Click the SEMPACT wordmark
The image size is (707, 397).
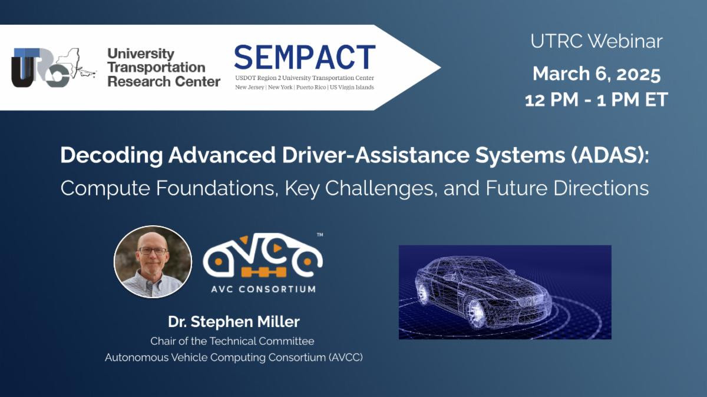point(305,58)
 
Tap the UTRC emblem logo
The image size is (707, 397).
point(54,68)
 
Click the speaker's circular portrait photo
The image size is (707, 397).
point(153,262)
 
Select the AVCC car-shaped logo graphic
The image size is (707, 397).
point(263,256)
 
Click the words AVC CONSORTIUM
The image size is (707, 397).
point(263,289)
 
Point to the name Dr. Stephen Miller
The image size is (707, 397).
point(234,322)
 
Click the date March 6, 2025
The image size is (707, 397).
point(596,74)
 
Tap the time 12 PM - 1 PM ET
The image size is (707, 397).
point(596,99)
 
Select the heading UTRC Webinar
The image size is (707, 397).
point(596,42)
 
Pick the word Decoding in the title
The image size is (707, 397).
point(111,155)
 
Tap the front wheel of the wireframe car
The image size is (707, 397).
point(475,313)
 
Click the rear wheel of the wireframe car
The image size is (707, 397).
point(422,293)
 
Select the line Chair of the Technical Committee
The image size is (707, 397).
point(232,341)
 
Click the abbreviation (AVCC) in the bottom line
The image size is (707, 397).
point(346,358)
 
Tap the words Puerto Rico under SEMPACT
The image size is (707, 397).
point(311,87)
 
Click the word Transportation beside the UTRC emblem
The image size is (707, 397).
point(157,68)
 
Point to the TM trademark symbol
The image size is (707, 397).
point(320,235)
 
